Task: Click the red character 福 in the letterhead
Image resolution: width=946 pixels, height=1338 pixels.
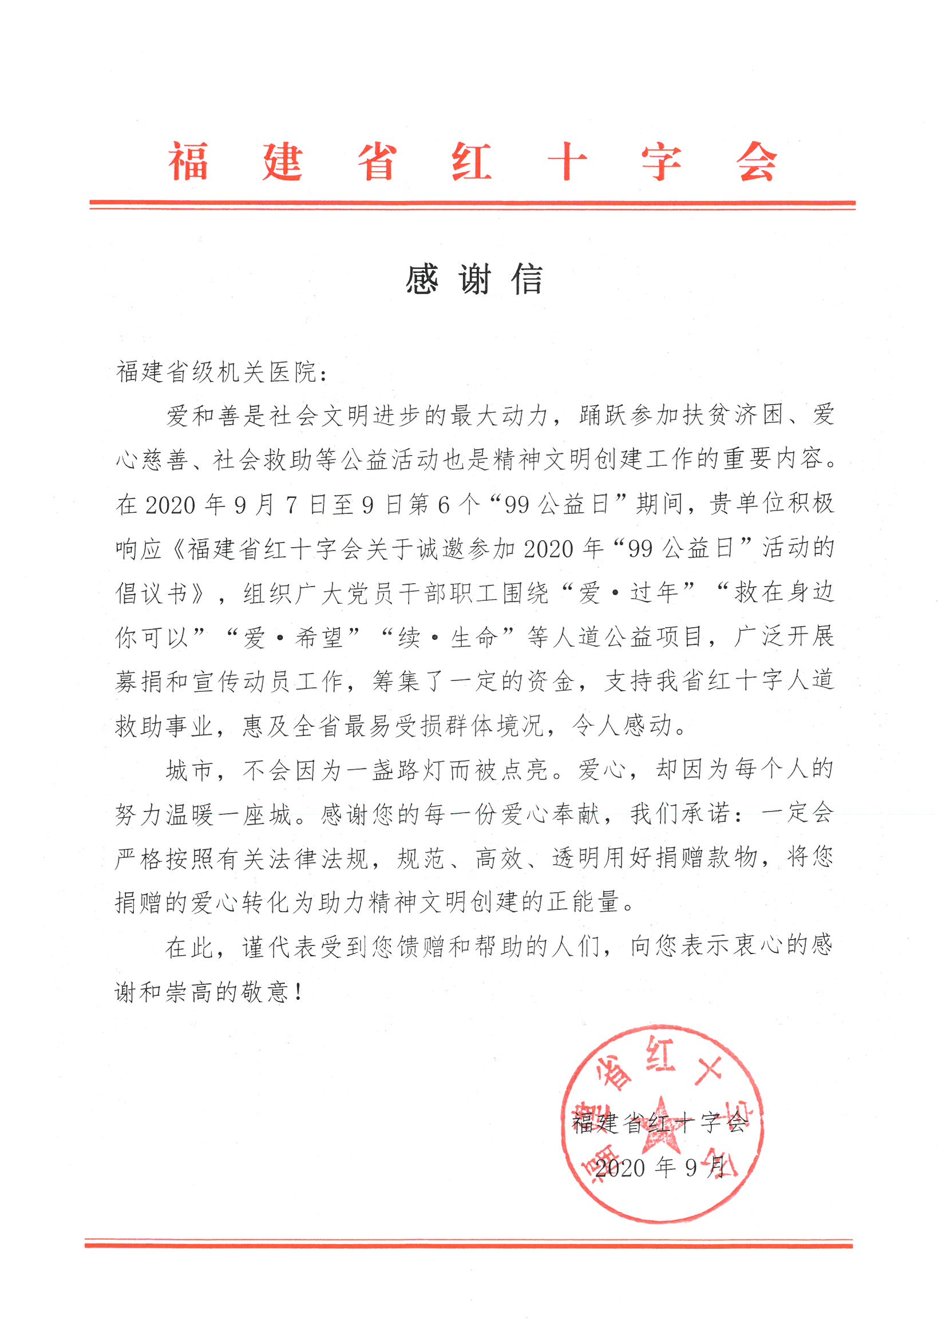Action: point(188,161)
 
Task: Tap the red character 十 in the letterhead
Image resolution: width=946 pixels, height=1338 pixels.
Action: point(567,161)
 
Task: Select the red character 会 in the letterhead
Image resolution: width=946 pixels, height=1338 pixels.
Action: point(756,161)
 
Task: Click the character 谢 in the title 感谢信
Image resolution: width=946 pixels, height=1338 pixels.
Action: point(474,279)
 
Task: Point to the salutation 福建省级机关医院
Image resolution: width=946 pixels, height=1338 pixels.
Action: point(216,372)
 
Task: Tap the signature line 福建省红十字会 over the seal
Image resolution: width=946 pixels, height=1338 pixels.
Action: point(659,1122)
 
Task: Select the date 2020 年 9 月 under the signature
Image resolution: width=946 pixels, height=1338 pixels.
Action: point(659,1167)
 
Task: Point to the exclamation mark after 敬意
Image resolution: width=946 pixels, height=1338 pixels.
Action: point(298,992)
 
